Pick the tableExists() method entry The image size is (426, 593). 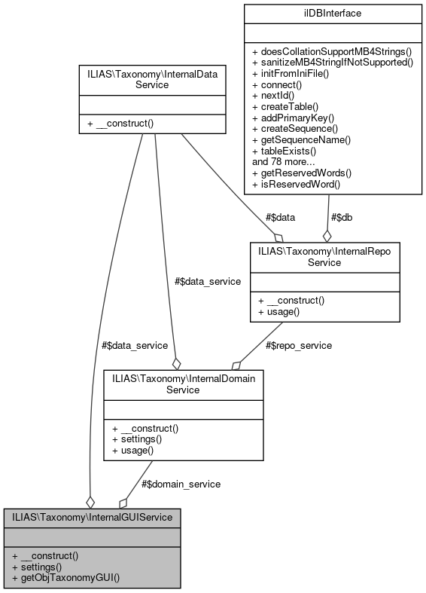pyautogui.click(x=294, y=151)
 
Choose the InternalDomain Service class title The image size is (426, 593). pyautogui.click(x=183, y=384)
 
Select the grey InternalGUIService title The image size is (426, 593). pyautogui.click(x=92, y=517)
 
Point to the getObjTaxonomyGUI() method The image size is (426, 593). pyautogui.click(x=65, y=578)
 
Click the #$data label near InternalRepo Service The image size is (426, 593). pyautogui.click(x=280, y=217)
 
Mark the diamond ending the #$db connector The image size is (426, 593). pyautogui.click(x=327, y=235)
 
